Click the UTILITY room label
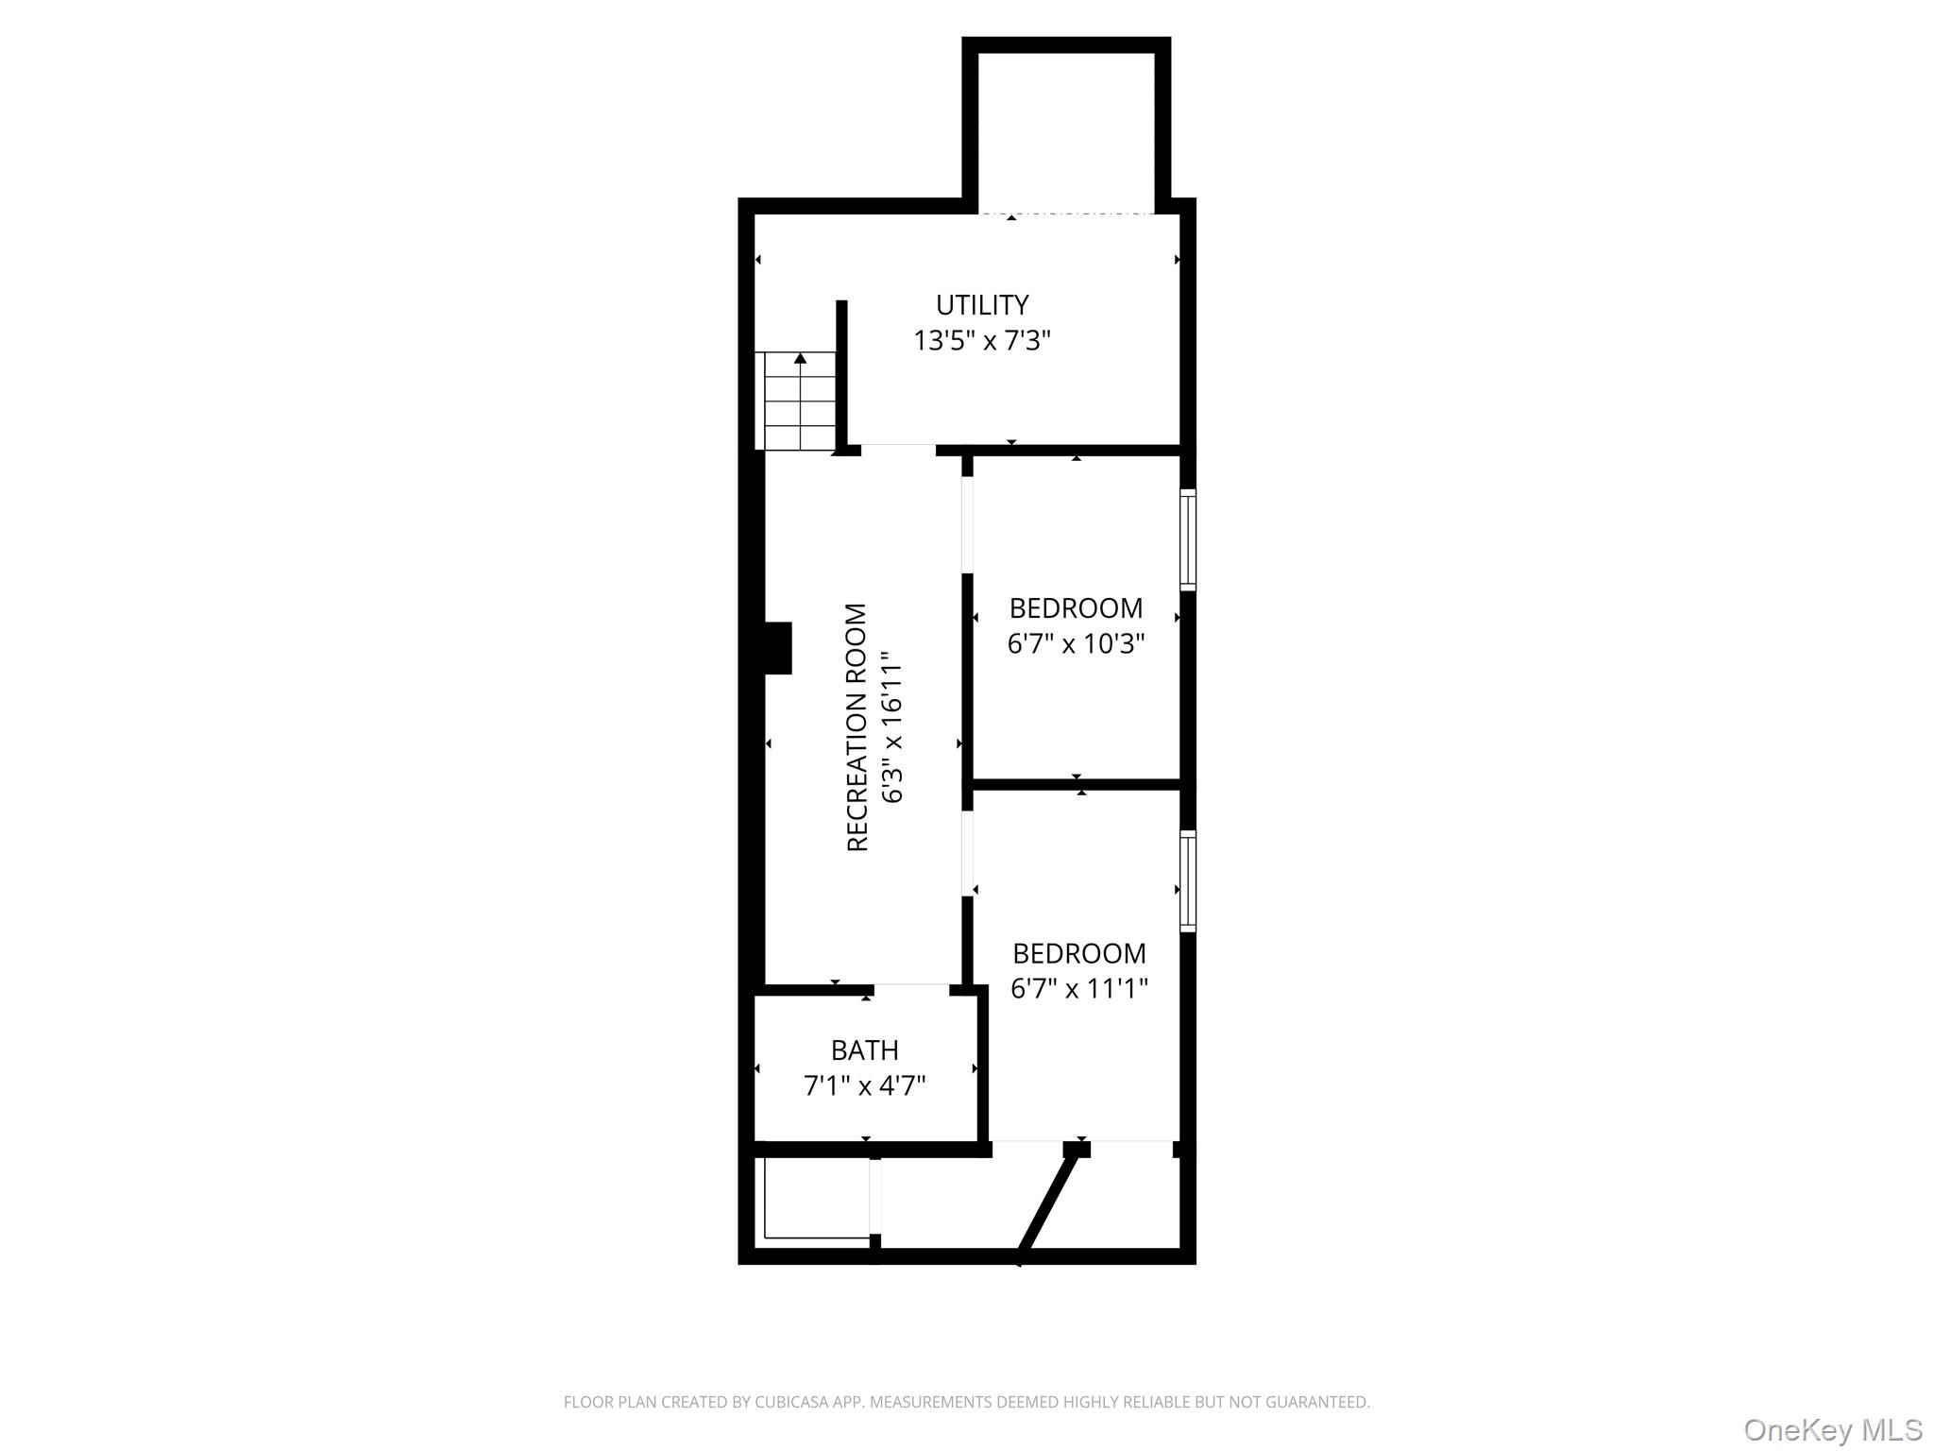(982, 305)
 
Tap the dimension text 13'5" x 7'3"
(982, 340)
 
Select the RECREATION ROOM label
(857, 727)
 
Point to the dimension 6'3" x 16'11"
(892, 727)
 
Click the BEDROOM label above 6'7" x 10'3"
(1076, 608)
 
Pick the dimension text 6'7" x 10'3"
(1076, 644)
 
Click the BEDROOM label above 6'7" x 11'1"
(1079, 953)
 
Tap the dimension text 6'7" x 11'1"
(1079, 989)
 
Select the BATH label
(864, 1050)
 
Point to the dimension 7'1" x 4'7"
(864, 1086)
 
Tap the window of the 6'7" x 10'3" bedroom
(1188, 540)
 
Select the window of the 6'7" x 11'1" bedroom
(1188, 881)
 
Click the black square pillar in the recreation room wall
(777, 648)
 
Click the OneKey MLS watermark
(1833, 1430)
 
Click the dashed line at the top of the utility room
(1066, 213)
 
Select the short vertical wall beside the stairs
(841, 373)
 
